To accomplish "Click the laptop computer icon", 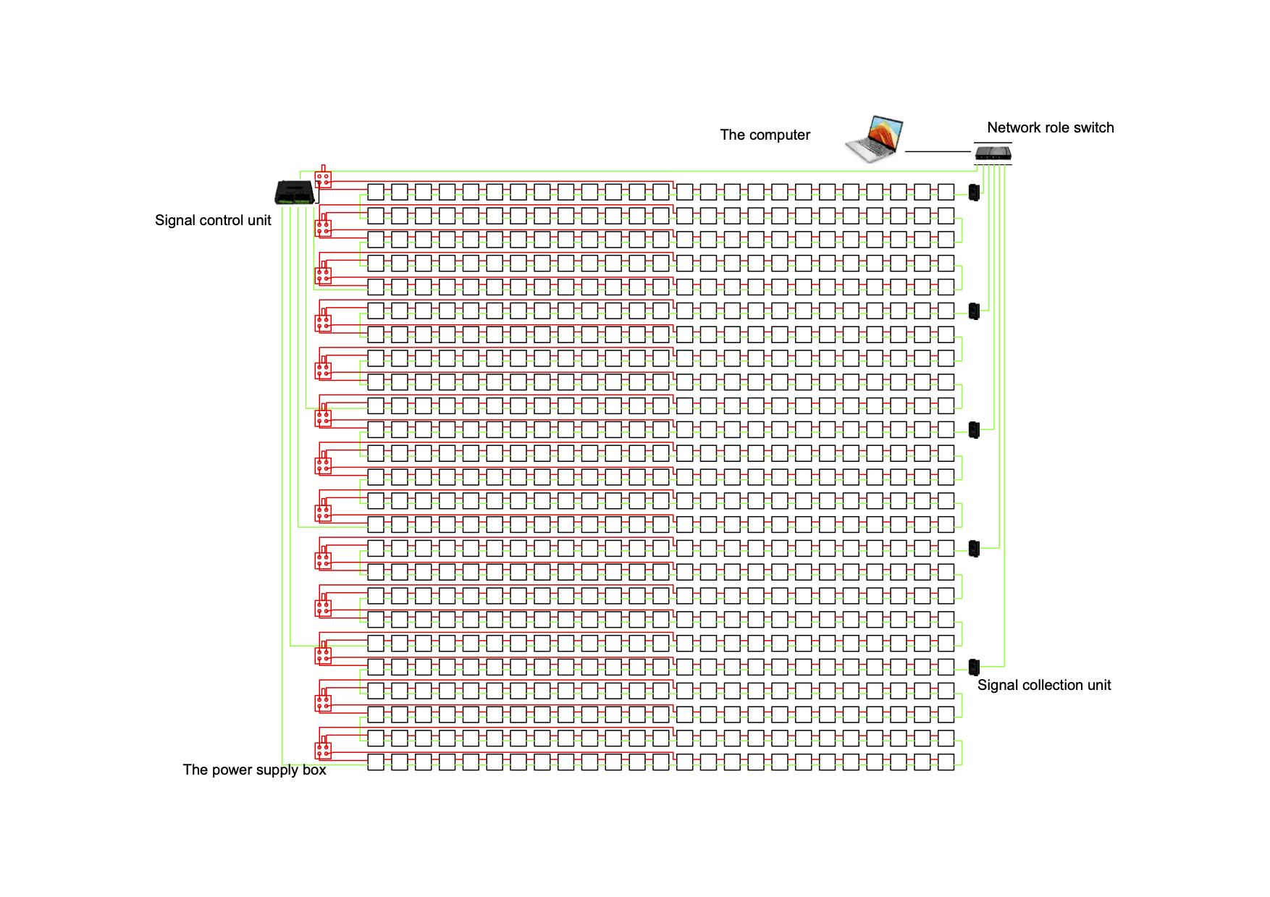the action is tap(874, 139).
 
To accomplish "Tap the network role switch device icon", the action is tap(993, 153).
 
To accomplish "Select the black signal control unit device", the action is tap(295, 192).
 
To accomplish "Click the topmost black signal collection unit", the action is tap(974, 193).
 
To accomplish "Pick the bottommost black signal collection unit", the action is tap(974, 667).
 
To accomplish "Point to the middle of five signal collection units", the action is tap(974, 430).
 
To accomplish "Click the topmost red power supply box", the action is tap(324, 177).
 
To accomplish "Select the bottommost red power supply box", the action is tap(324, 749).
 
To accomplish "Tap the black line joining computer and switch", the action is tap(937, 151).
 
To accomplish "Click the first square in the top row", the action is tap(376, 192).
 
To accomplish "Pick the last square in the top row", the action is tap(946, 192).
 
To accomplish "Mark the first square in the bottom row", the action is tap(376, 762).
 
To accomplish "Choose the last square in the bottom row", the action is tap(946, 762).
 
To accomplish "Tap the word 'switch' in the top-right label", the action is tap(1094, 128).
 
